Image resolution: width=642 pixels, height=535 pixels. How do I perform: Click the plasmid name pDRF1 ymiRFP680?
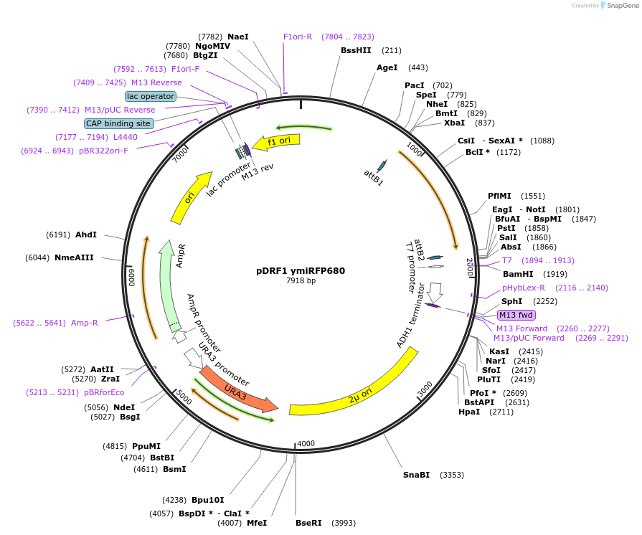click(x=301, y=271)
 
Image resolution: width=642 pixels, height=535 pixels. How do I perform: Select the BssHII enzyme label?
click(x=356, y=50)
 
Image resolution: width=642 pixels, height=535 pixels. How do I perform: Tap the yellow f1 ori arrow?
click(x=277, y=142)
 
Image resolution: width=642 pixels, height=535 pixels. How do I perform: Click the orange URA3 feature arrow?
click(x=237, y=388)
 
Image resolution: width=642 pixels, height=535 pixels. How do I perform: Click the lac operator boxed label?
click(x=150, y=96)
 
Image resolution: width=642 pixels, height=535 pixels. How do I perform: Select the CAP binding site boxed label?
click(x=118, y=123)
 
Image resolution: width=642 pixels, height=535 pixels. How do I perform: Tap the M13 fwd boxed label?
click(x=516, y=315)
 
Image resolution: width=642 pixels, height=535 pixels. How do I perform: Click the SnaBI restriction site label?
click(x=416, y=475)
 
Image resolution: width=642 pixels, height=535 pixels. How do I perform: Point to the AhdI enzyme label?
click(x=86, y=235)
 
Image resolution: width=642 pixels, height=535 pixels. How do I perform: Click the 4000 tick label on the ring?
click(x=306, y=443)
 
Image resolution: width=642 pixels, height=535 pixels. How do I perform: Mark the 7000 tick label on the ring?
click(x=181, y=153)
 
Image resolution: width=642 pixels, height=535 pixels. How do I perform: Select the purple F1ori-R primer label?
click(x=298, y=37)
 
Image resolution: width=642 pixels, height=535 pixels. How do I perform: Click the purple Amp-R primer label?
click(x=84, y=323)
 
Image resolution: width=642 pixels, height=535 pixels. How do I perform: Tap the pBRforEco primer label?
click(x=104, y=392)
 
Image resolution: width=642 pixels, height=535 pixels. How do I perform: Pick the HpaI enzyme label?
click(x=469, y=412)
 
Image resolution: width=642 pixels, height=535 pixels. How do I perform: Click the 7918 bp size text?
click(x=301, y=281)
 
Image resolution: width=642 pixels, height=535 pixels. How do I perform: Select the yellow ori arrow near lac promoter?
click(x=191, y=198)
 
